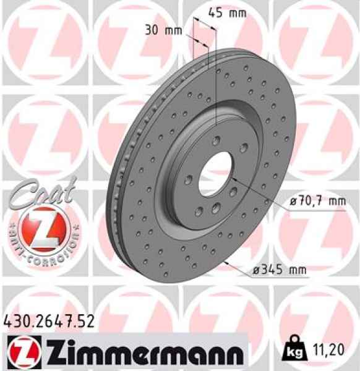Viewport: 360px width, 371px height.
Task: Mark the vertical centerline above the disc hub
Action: point(216,93)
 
